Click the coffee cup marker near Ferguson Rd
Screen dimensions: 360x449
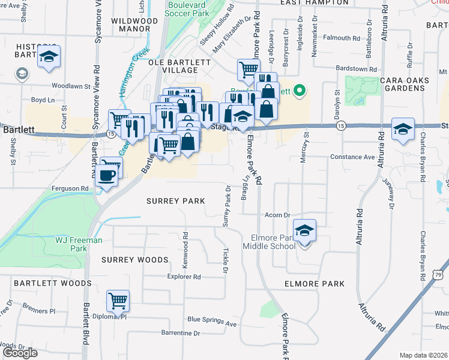[107, 176]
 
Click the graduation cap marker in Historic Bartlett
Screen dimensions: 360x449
[49, 58]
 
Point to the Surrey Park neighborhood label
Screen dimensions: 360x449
[176, 201]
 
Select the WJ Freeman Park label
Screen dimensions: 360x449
[79, 244]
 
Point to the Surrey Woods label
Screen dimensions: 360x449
[134, 260]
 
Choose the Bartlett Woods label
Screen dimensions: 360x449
[53, 283]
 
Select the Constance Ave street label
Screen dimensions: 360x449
[352, 157]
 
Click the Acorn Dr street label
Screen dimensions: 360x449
[278, 215]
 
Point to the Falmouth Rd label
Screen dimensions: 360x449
[341, 38]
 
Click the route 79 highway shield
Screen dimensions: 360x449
[438, 275]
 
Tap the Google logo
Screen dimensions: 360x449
[20, 353]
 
